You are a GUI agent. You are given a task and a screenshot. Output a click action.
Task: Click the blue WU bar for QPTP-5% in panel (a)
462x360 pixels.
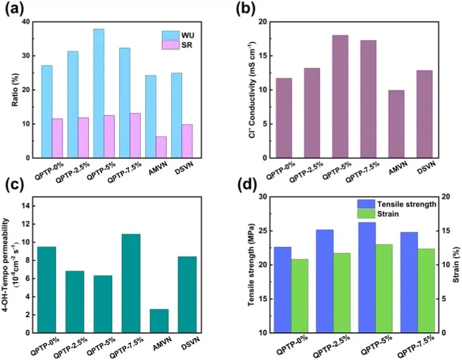(99, 93)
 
